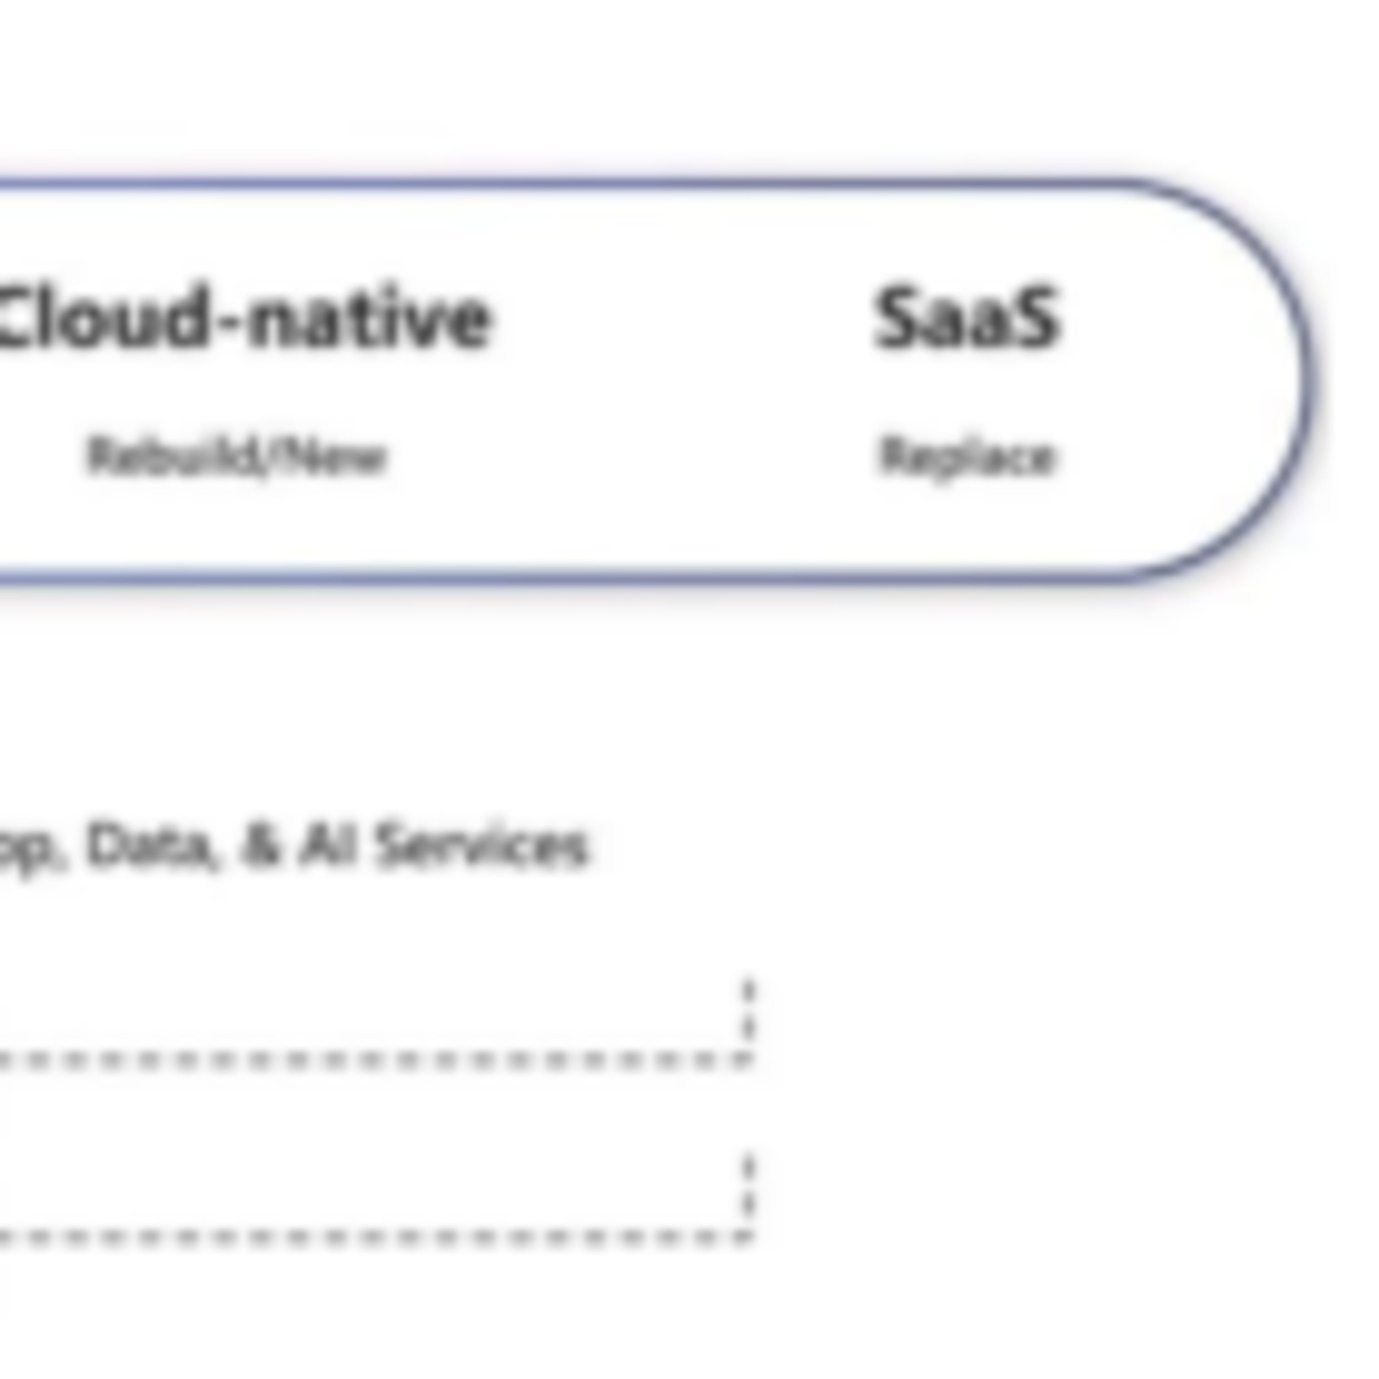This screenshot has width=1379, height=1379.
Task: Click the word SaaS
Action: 967,318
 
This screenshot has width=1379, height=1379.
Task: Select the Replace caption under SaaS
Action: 967,457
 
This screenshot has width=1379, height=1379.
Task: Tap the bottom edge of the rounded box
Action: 571,576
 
